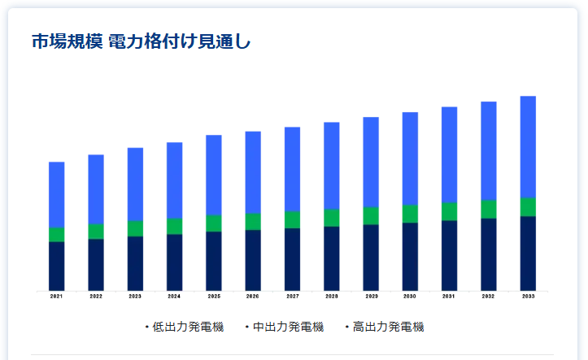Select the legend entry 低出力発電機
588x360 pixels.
coord(176,327)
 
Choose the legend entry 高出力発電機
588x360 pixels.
coord(388,327)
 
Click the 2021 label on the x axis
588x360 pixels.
coord(56,297)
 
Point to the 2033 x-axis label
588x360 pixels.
coord(528,297)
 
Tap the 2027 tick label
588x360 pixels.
coord(292,297)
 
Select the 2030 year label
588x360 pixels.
coord(410,297)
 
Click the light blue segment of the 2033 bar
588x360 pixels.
coord(528,146)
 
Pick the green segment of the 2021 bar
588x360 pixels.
coord(56,234)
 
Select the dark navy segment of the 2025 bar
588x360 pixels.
coord(214,261)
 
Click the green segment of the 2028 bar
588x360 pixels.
coord(332,217)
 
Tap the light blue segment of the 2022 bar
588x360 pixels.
coord(96,189)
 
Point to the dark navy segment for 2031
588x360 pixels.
coord(449,255)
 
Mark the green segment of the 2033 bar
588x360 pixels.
coord(528,206)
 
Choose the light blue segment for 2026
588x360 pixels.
coord(253,171)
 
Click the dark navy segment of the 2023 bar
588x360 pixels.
coord(135,263)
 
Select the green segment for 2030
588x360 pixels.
coord(410,214)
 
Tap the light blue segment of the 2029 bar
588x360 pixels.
coord(371,162)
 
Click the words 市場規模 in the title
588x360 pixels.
coord(59,41)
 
